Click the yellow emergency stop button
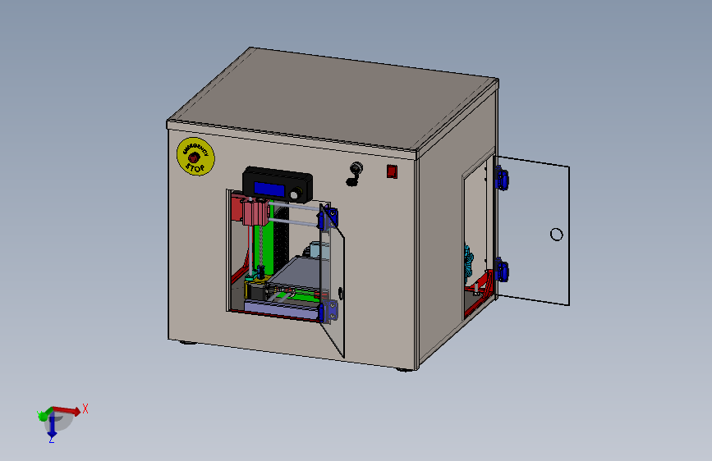click(x=195, y=156)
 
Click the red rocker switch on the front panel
click(x=393, y=171)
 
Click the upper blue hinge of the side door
click(x=500, y=177)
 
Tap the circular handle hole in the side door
click(x=556, y=235)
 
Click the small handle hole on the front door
click(x=341, y=291)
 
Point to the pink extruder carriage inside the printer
click(x=253, y=211)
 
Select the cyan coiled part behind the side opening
click(x=469, y=261)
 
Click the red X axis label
click(x=85, y=408)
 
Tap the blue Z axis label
click(x=51, y=439)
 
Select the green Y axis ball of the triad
click(x=43, y=416)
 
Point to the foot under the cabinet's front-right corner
click(x=404, y=369)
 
